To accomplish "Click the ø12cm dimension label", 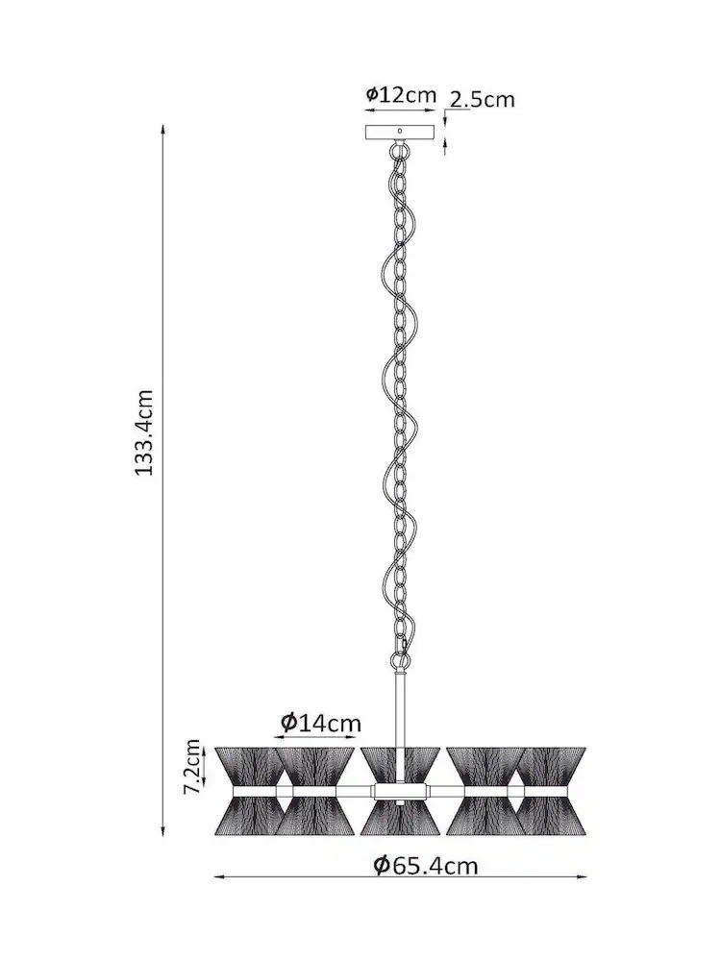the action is click(x=401, y=95).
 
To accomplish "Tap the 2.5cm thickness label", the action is click(x=482, y=100).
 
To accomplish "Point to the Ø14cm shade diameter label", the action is click(x=321, y=724).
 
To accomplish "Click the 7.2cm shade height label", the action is click(x=192, y=767).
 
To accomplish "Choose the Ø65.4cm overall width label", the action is click(x=426, y=866).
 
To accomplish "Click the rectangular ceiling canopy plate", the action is click(x=400, y=133).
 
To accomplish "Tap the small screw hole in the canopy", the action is click(x=400, y=131).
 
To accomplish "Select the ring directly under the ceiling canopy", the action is click(x=400, y=148).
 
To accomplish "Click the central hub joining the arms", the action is click(x=400, y=793).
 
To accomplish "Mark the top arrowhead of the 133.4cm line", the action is click(x=162, y=130).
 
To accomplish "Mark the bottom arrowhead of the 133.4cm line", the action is click(x=162, y=831).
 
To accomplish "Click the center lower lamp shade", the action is click(x=400, y=818).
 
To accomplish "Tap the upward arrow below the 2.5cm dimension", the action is click(x=445, y=146).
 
